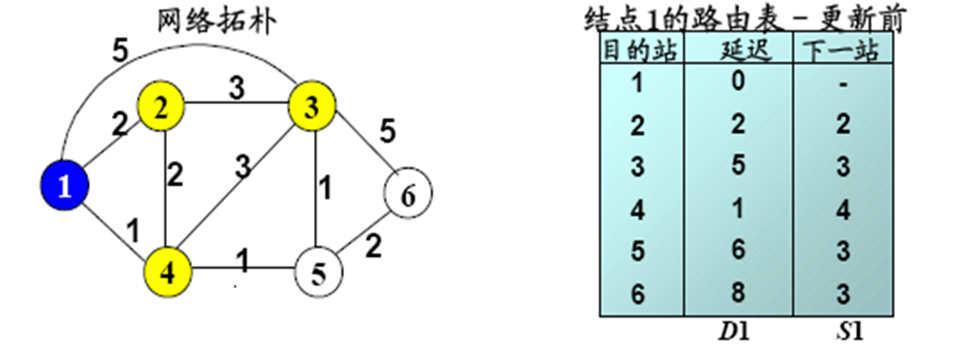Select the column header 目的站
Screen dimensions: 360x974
pos(641,51)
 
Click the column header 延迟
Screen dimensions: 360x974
pos(738,51)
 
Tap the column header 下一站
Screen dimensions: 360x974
pos(841,51)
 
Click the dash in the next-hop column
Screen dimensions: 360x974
pos(841,84)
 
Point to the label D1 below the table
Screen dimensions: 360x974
pos(738,332)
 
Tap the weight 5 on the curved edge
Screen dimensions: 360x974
pos(119,49)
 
